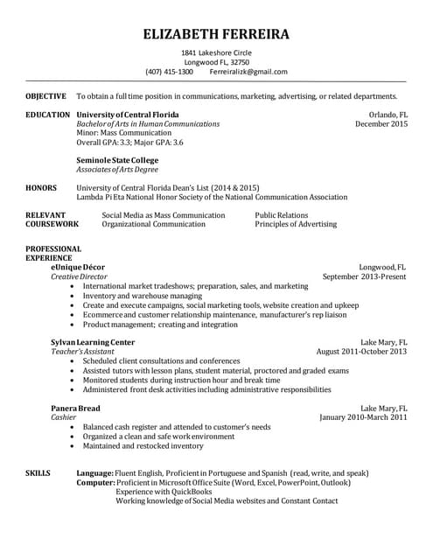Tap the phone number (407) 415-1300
[x=169, y=72]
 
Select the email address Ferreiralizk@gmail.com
[x=248, y=72]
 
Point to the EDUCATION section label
[x=48, y=115]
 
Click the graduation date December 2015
[x=381, y=124]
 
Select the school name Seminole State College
[x=117, y=160]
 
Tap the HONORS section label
[x=41, y=187]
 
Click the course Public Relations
[x=282, y=214]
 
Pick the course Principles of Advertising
[x=296, y=224]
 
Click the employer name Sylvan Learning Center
[x=93, y=341]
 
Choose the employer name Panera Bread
[x=75, y=408]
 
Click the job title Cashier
[x=63, y=417]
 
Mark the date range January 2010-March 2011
[x=363, y=417]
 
